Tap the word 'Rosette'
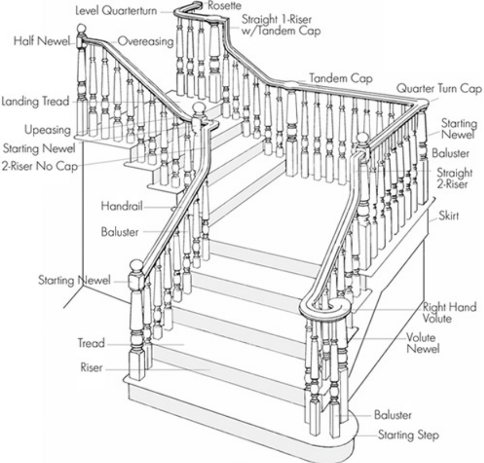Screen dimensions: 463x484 [226, 6]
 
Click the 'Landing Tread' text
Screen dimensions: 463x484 [35, 101]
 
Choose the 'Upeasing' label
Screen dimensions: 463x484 [47, 130]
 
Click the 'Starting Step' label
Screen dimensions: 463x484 [408, 434]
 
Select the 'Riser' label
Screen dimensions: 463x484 [92, 368]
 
